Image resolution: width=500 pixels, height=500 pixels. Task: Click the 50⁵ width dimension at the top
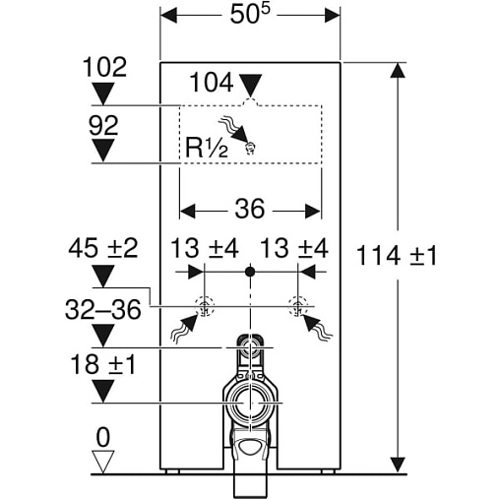[250, 15]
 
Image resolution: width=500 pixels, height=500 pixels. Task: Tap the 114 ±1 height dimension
[397, 256]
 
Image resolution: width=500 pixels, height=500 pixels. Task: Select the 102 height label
[104, 68]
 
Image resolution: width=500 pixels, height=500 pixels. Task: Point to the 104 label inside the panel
[212, 82]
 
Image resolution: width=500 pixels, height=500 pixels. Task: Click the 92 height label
[103, 125]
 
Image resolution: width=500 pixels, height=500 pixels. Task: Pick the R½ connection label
[207, 148]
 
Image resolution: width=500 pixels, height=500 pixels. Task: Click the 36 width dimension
[250, 209]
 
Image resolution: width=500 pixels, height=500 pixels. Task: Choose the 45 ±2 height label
[103, 248]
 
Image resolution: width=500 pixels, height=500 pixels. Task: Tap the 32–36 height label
[103, 310]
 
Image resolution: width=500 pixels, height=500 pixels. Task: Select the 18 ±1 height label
[103, 364]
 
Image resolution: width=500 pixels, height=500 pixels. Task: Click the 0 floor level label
[103, 437]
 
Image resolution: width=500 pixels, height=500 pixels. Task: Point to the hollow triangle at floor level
[103, 462]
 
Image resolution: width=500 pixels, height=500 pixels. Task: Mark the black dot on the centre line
[250, 272]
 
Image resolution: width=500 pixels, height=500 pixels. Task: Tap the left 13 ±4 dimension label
[205, 248]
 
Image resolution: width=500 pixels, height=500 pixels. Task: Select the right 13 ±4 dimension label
[294, 248]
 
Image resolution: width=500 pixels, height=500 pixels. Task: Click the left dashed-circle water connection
[204, 306]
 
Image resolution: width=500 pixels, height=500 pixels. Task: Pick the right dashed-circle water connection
[298, 306]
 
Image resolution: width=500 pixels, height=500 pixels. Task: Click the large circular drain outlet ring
[250, 404]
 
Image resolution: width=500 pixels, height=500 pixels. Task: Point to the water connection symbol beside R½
[251, 149]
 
